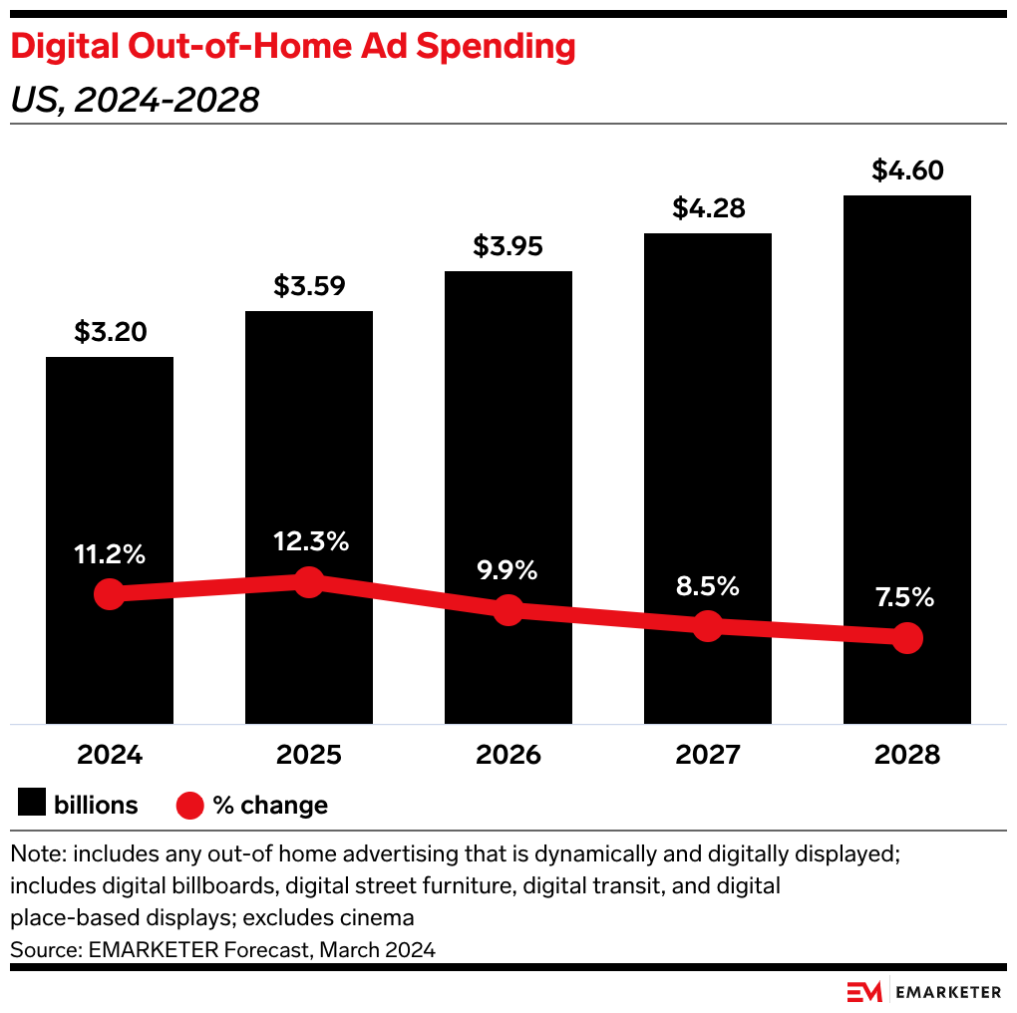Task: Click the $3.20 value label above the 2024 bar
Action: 110,332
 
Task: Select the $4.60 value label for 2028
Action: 906,170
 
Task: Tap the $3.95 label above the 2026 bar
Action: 508,246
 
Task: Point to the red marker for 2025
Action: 309,582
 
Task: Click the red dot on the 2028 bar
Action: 906,638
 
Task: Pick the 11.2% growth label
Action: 110,554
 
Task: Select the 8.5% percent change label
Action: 707,586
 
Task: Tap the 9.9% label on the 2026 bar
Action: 508,570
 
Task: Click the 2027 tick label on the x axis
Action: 707,755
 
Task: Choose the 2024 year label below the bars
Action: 110,755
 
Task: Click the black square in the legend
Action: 32,804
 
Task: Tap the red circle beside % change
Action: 189,805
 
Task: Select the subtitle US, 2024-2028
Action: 135,100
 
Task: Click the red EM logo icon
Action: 862,991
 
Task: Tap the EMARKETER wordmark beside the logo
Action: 948,991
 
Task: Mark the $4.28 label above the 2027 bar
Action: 707,208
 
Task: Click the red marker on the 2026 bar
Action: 508,610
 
